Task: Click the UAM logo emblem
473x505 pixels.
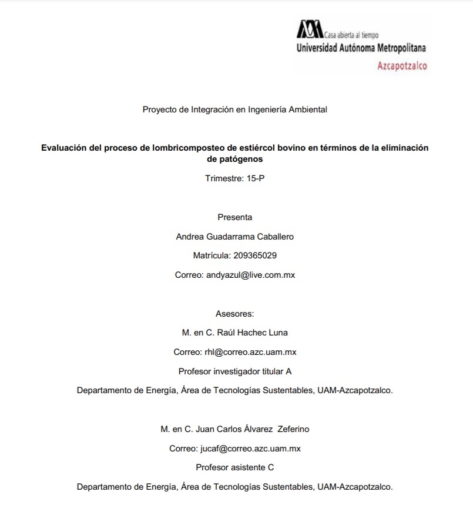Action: (310, 29)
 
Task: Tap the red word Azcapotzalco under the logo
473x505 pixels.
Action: (402, 66)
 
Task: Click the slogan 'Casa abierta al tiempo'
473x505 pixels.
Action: (352, 35)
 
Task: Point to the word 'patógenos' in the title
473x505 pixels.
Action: (234, 159)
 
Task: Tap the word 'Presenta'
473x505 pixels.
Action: (234, 217)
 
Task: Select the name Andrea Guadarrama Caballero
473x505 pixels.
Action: (234, 237)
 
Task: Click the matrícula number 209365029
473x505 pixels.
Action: (255, 255)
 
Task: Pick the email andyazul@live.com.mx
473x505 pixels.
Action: (250, 275)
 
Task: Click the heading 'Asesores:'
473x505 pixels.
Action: (234, 314)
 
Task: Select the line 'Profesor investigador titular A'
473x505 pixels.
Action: (234, 371)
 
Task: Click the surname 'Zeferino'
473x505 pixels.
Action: (293, 429)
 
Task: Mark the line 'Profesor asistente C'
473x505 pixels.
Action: (234, 467)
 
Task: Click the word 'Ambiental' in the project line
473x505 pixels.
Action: (307, 109)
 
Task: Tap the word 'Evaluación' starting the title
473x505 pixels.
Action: (64, 148)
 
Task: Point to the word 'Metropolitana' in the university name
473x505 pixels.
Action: (401, 48)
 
